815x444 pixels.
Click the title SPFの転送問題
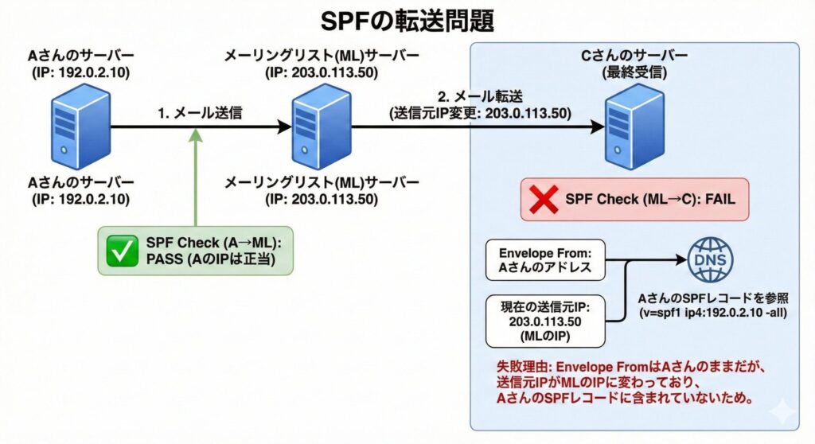(407, 20)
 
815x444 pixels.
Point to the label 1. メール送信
(199, 113)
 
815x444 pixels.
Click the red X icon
(544, 199)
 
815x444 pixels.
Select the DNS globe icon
(711, 259)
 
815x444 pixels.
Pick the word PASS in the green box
(162, 260)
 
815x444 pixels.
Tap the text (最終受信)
(634, 74)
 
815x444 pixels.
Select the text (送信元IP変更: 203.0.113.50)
(480, 114)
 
